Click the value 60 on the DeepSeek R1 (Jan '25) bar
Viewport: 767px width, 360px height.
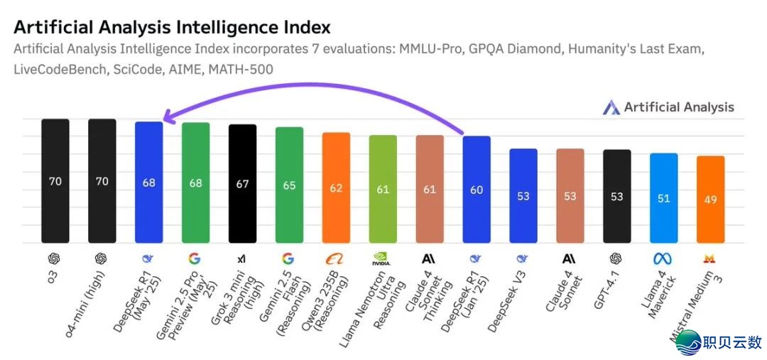[477, 190]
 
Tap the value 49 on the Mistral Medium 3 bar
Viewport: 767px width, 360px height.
[710, 200]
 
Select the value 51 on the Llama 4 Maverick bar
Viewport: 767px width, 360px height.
[663, 199]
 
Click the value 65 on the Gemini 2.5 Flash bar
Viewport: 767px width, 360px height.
[289, 185]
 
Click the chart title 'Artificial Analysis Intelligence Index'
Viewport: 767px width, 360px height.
[172, 28]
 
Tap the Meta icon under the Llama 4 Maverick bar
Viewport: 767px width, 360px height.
[663, 258]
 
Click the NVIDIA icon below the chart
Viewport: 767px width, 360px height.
[383, 258]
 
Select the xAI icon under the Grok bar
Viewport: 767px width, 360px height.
[242, 258]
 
